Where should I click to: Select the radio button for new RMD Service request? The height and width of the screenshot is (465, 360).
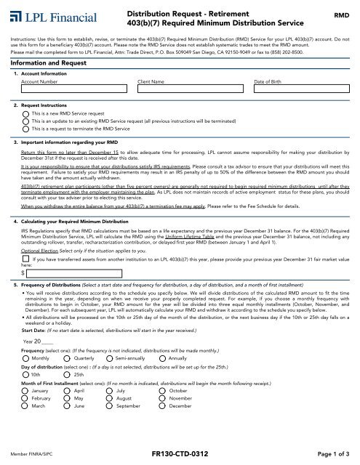[26, 115]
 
